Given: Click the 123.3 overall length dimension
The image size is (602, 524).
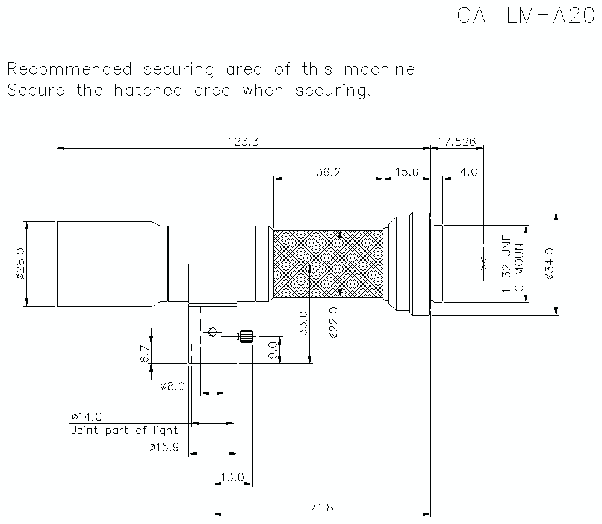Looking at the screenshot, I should click(243, 141).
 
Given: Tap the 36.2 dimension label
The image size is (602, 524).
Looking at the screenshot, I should click(329, 172).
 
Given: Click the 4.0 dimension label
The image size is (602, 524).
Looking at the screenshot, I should click(468, 172).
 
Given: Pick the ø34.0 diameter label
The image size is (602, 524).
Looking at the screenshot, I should click(548, 264).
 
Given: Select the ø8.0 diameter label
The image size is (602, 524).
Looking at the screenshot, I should click(172, 386).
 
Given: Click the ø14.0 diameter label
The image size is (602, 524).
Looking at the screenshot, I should click(86, 416).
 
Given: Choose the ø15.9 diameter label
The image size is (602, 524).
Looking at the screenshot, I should click(163, 447).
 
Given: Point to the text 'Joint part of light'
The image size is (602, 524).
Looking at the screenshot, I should click(125, 430).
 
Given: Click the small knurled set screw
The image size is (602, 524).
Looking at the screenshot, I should click(246, 336).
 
